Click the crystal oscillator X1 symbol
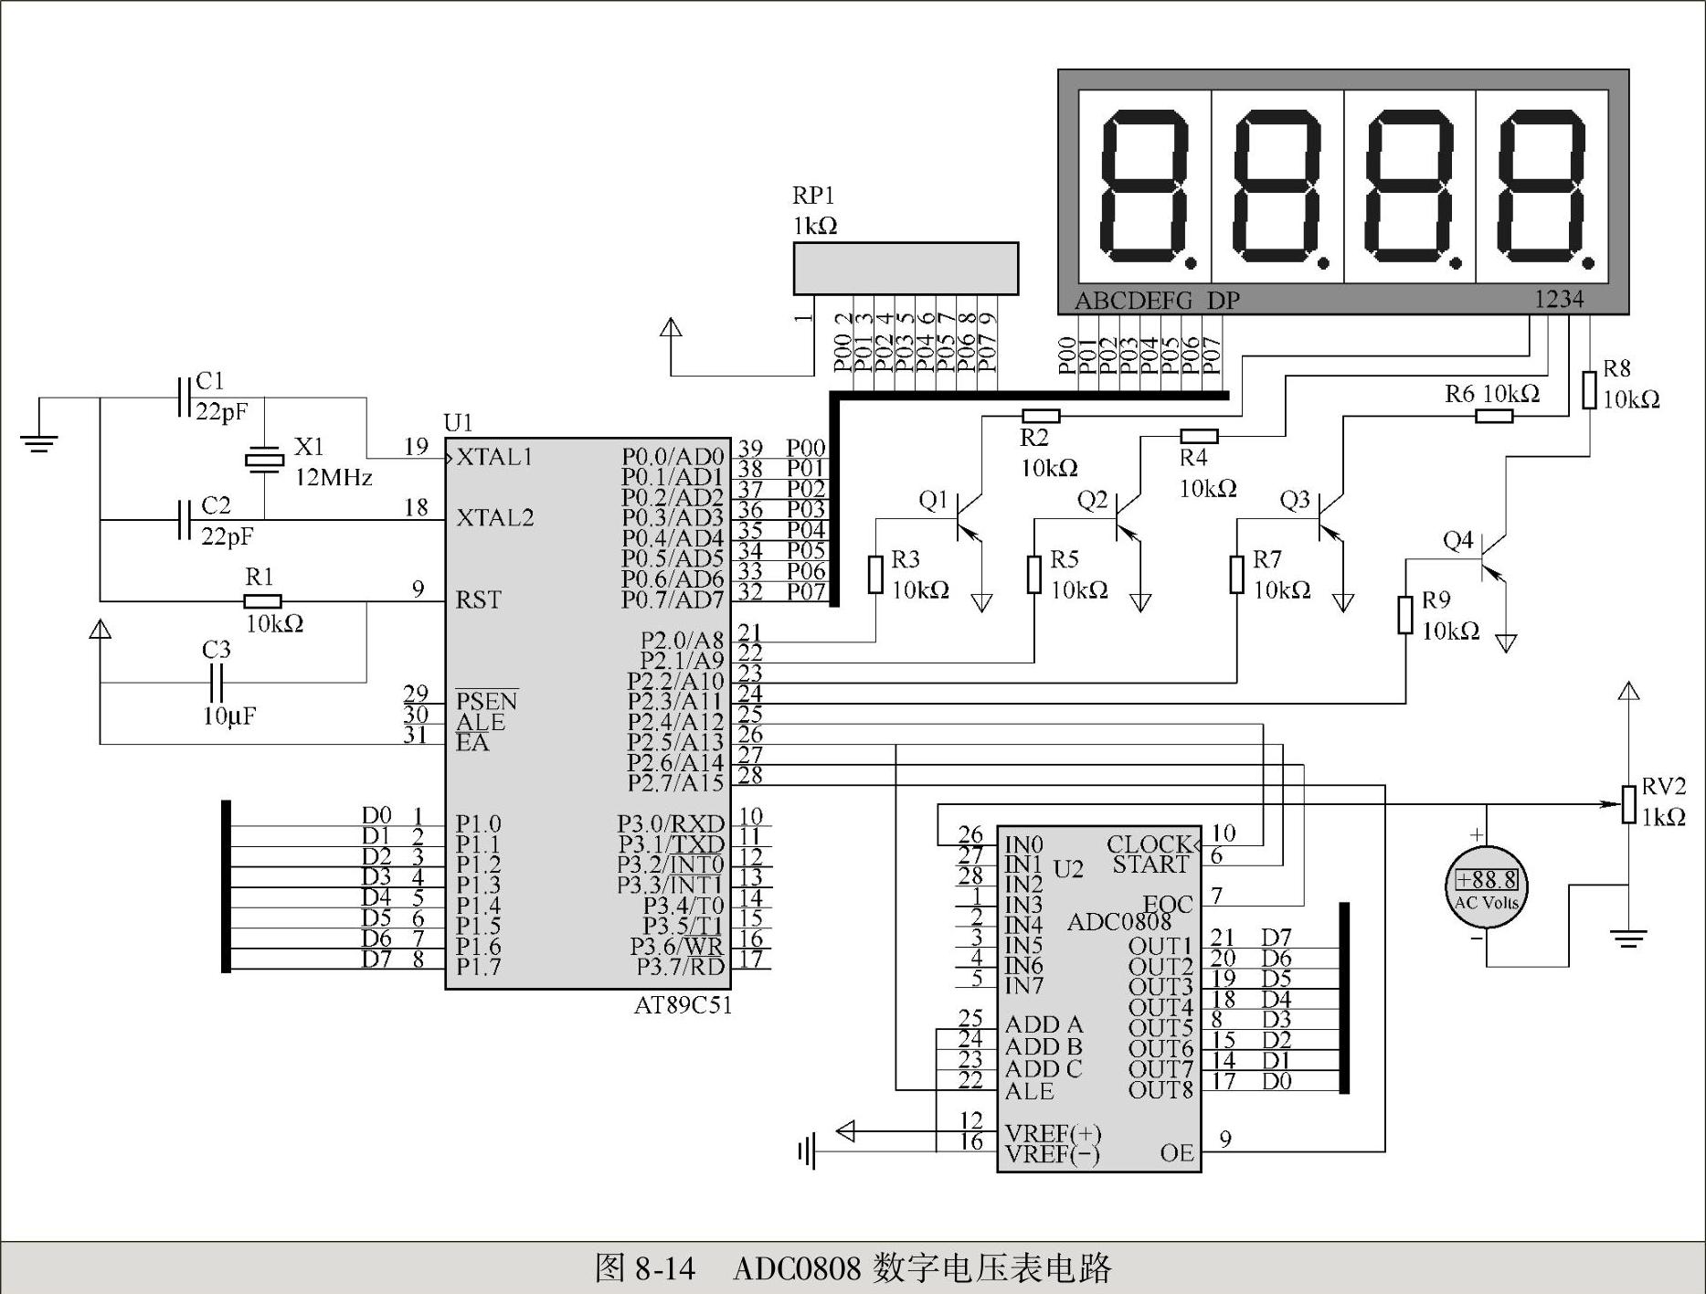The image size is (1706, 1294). point(264,460)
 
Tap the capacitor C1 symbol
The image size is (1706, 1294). point(184,398)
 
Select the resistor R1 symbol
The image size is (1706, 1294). point(262,601)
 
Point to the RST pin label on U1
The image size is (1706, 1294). point(479,600)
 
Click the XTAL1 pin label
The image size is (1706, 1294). point(494,457)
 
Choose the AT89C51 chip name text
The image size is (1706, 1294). point(683,1005)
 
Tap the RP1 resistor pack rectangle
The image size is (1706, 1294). point(906,269)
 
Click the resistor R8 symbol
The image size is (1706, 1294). point(1589,389)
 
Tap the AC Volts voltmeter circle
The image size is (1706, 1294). point(1487,886)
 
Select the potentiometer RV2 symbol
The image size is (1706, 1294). point(1628,804)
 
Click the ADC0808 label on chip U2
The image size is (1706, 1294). point(1119,922)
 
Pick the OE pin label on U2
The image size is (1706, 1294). point(1177,1153)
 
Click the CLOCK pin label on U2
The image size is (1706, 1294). point(1150,843)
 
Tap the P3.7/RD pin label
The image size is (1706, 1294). point(680,966)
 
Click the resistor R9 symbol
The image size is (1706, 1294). point(1405,614)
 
